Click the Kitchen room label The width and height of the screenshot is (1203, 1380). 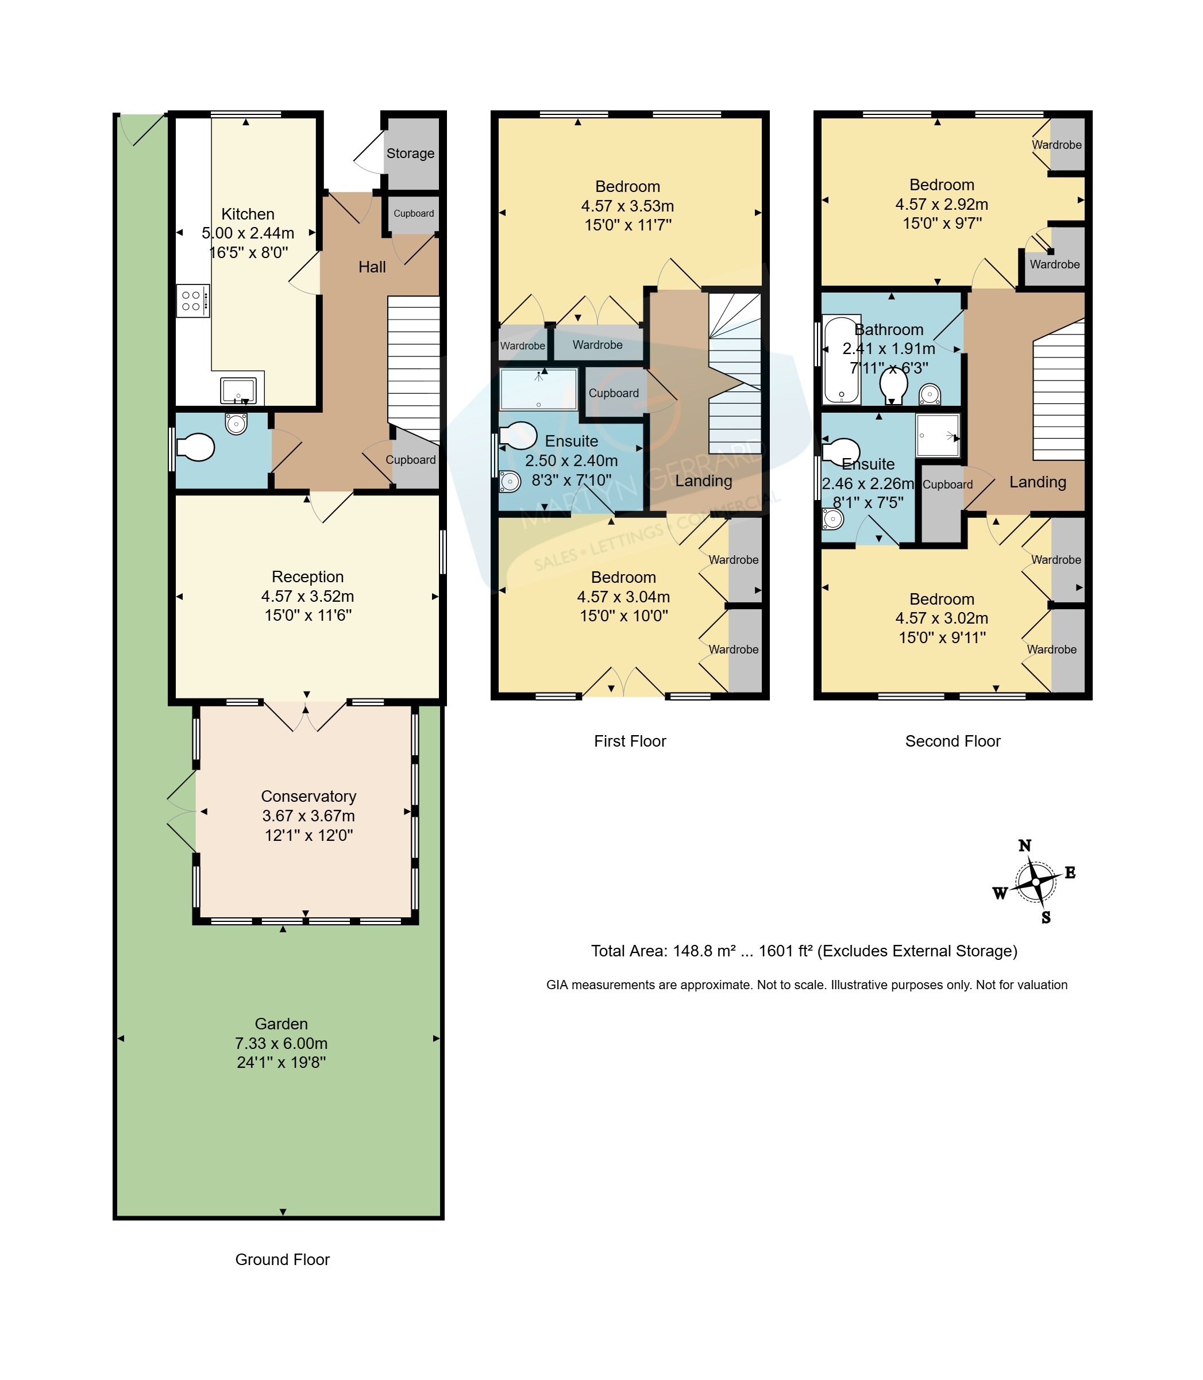(248, 214)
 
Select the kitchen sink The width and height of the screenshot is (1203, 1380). (238, 391)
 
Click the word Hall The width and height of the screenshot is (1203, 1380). (372, 267)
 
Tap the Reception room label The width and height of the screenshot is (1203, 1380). (307, 577)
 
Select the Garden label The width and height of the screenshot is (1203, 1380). (282, 1024)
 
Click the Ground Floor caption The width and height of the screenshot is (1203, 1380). (282, 1260)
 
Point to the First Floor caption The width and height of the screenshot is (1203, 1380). (630, 741)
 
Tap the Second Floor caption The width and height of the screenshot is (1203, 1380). (953, 741)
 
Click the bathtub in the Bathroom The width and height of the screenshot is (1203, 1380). (842, 360)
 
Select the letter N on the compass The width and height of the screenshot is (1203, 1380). (1024, 845)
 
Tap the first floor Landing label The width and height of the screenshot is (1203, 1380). (704, 481)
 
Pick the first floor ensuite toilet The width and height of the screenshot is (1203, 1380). (518, 435)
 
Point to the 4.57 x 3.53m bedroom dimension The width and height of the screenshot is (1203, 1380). (628, 206)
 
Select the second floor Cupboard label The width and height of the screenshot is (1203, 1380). (947, 485)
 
